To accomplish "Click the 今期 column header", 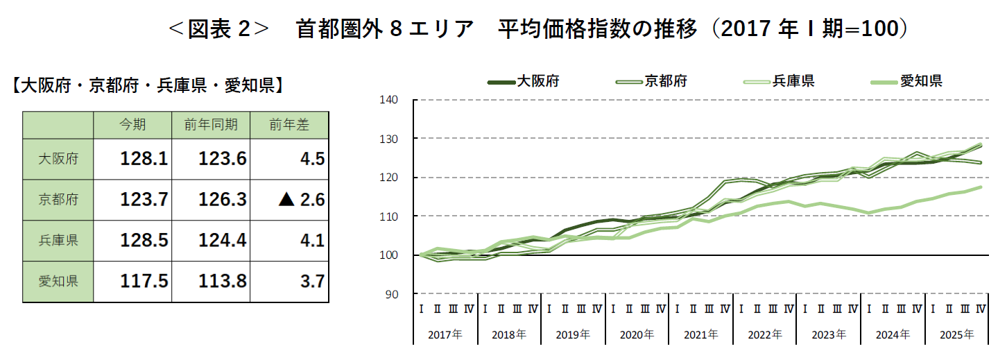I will (132, 125).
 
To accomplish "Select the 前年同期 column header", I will (211, 125).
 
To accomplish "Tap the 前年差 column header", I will (289, 125).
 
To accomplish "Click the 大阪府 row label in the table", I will (58, 160).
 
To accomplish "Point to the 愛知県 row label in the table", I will (58, 282).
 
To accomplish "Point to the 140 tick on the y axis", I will (388, 100).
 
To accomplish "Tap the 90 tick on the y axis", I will (392, 294).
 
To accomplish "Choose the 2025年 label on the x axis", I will (956, 334).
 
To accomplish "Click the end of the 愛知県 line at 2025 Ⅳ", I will (981, 187).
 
